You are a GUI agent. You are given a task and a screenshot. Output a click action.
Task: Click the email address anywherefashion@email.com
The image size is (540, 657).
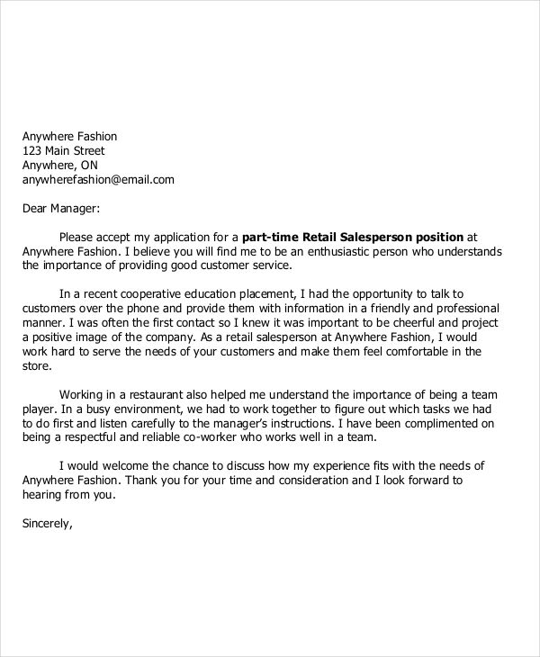[98, 179]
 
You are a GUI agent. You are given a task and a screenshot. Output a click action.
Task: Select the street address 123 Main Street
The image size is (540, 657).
[63, 150]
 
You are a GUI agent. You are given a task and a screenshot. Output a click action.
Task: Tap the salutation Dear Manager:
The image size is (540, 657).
[59, 208]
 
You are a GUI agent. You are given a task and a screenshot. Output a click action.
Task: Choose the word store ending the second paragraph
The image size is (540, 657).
[36, 365]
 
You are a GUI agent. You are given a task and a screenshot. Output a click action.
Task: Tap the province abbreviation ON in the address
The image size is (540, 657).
[89, 165]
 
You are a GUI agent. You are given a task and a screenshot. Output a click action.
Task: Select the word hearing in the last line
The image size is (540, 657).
[43, 495]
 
